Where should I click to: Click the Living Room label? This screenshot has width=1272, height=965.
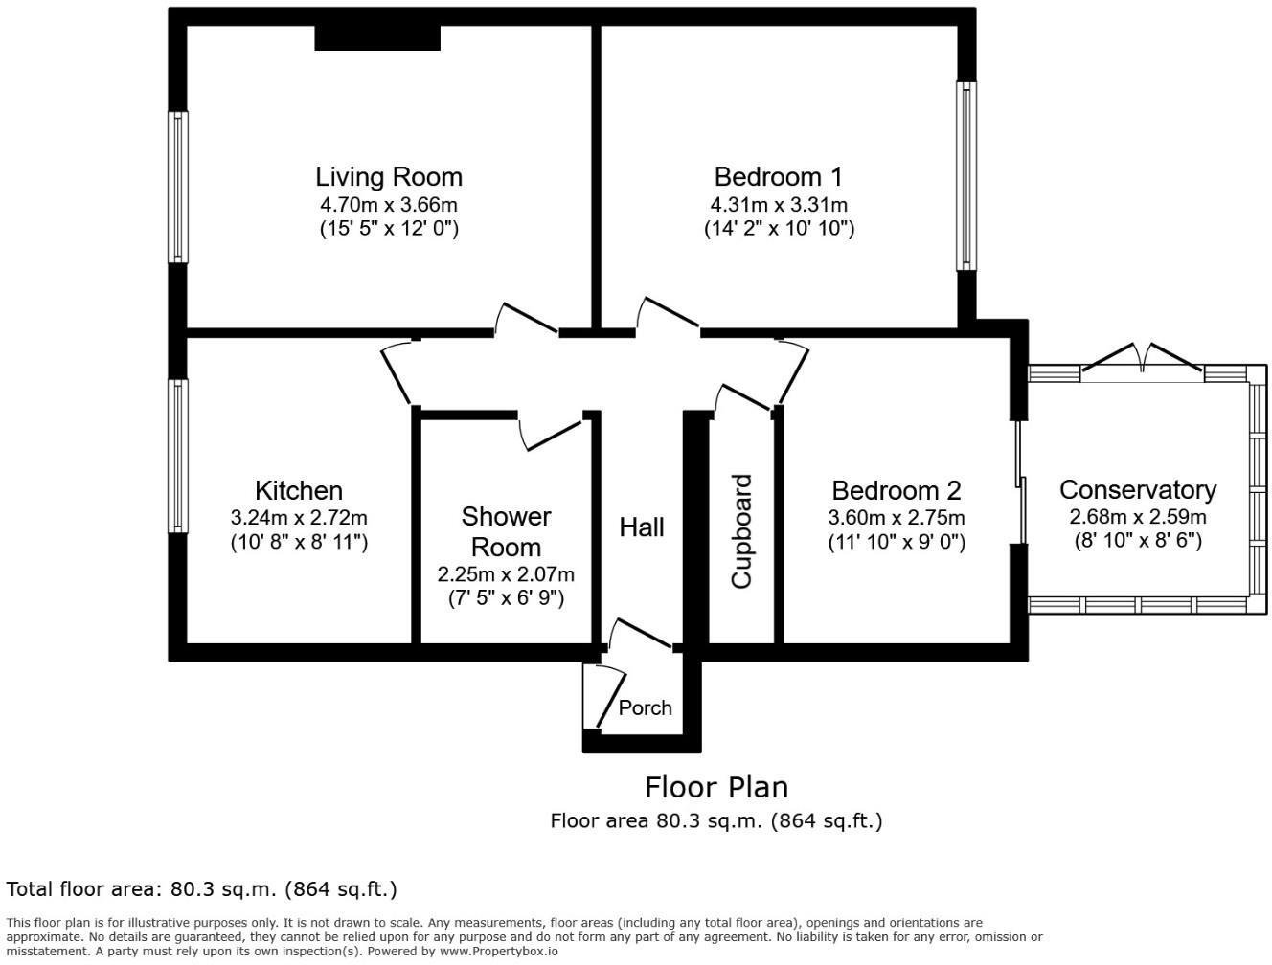pos(389,177)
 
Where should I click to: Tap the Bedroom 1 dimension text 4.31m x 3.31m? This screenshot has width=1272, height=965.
pos(778,205)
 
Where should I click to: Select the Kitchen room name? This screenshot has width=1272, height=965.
pos(299,490)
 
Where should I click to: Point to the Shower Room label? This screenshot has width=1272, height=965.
pos(506,531)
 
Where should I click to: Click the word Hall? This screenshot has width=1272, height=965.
pos(641,527)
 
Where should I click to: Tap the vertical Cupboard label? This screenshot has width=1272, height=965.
pos(742,530)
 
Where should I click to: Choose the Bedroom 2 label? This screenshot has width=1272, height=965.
pos(896,490)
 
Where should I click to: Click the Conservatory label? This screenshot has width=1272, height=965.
pos(1137,489)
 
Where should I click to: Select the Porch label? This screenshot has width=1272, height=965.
pos(645,707)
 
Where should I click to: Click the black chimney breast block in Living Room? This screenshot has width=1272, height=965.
pos(377,37)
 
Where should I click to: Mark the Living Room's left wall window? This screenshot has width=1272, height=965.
pos(178,187)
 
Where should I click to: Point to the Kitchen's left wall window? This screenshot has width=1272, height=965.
pos(178,456)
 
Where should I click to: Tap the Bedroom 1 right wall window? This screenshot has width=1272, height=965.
pos(966,175)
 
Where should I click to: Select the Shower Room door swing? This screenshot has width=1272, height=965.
pos(550,431)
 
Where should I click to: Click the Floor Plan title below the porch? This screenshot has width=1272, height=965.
pos(715,787)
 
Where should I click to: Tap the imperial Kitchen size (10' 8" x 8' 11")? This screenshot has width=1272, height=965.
pos(299,542)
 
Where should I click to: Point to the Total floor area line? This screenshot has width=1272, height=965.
pos(201,889)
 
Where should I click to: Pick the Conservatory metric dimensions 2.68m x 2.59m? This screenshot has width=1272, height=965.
pos(1137,517)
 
